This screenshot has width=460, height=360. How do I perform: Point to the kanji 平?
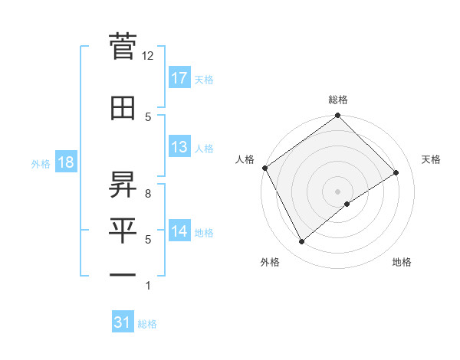(x=123, y=229)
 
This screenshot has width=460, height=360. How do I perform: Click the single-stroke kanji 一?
(x=123, y=273)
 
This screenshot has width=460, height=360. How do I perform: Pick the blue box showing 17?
(x=179, y=78)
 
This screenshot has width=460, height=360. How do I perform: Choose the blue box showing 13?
(x=179, y=148)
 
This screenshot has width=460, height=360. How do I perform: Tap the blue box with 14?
(x=179, y=232)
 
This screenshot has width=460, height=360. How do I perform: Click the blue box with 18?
(x=64, y=163)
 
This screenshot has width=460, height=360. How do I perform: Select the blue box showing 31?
(x=123, y=323)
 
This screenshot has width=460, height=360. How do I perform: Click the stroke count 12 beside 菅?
(x=148, y=56)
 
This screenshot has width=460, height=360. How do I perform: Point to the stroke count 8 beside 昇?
(x=148, y=195)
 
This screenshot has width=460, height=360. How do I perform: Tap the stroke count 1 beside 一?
(x=148, y=286)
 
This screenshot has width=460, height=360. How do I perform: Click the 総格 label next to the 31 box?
(x=147, y=324)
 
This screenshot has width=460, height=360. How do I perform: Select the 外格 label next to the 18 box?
(x=40, y=164)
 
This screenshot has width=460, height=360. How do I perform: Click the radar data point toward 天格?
(x=396, y=173)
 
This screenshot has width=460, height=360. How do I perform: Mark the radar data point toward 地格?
(x=347, y=204)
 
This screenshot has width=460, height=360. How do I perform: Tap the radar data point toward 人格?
(x=264, y=168)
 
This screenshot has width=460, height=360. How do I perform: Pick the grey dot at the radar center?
(x=337, y=191)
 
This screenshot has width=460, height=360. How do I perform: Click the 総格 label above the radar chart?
(x=337, y=100)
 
